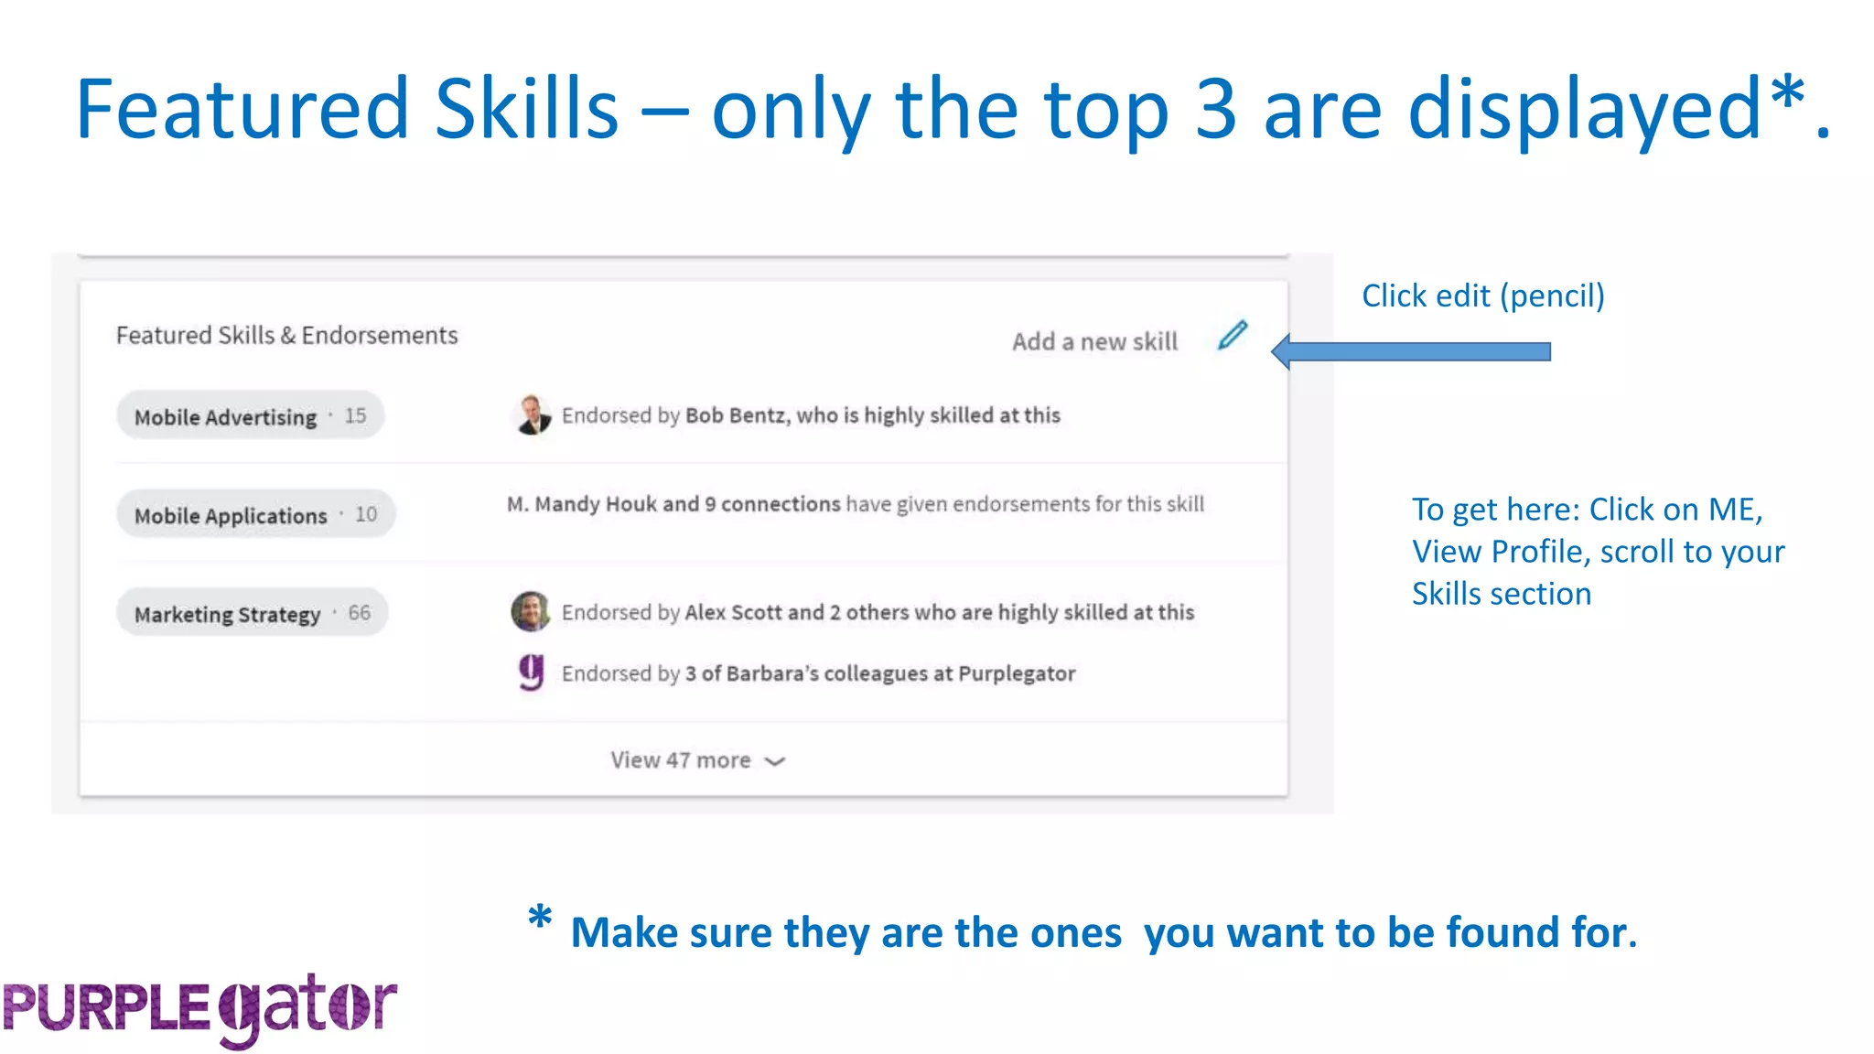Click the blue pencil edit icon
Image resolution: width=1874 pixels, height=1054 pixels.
click(x=1233, y=336)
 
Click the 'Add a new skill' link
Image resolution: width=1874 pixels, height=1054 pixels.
click(x=1094, y=341)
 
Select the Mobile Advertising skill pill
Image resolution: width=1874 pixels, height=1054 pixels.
click(x=250, y=416)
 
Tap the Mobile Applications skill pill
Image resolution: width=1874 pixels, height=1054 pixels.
click(x=255, y=515)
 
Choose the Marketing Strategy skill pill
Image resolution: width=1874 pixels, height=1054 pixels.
click(x=252, y=613)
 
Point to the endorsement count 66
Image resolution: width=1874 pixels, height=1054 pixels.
click(x=360, y=613)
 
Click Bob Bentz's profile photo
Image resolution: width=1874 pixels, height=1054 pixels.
click(x=532, y=415)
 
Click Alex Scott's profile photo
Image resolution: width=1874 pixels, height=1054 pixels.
click(x=531, y=611)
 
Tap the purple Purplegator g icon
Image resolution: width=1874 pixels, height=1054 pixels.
click(x=532, y=672)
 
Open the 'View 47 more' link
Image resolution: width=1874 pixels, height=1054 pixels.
click(x=681, y=760)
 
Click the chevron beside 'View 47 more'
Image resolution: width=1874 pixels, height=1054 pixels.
click(x=775, y=761)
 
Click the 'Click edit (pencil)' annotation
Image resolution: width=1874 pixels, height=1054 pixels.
click(x=1482, y=296)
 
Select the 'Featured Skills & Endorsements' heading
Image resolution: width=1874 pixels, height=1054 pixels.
click(x=286, y=336)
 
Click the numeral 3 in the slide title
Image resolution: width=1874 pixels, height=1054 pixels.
click(x=1215, y=110)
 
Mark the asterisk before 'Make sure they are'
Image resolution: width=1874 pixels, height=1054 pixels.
click(x=540, y=918)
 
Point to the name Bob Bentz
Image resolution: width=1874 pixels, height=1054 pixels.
click(x=736, y=415)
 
